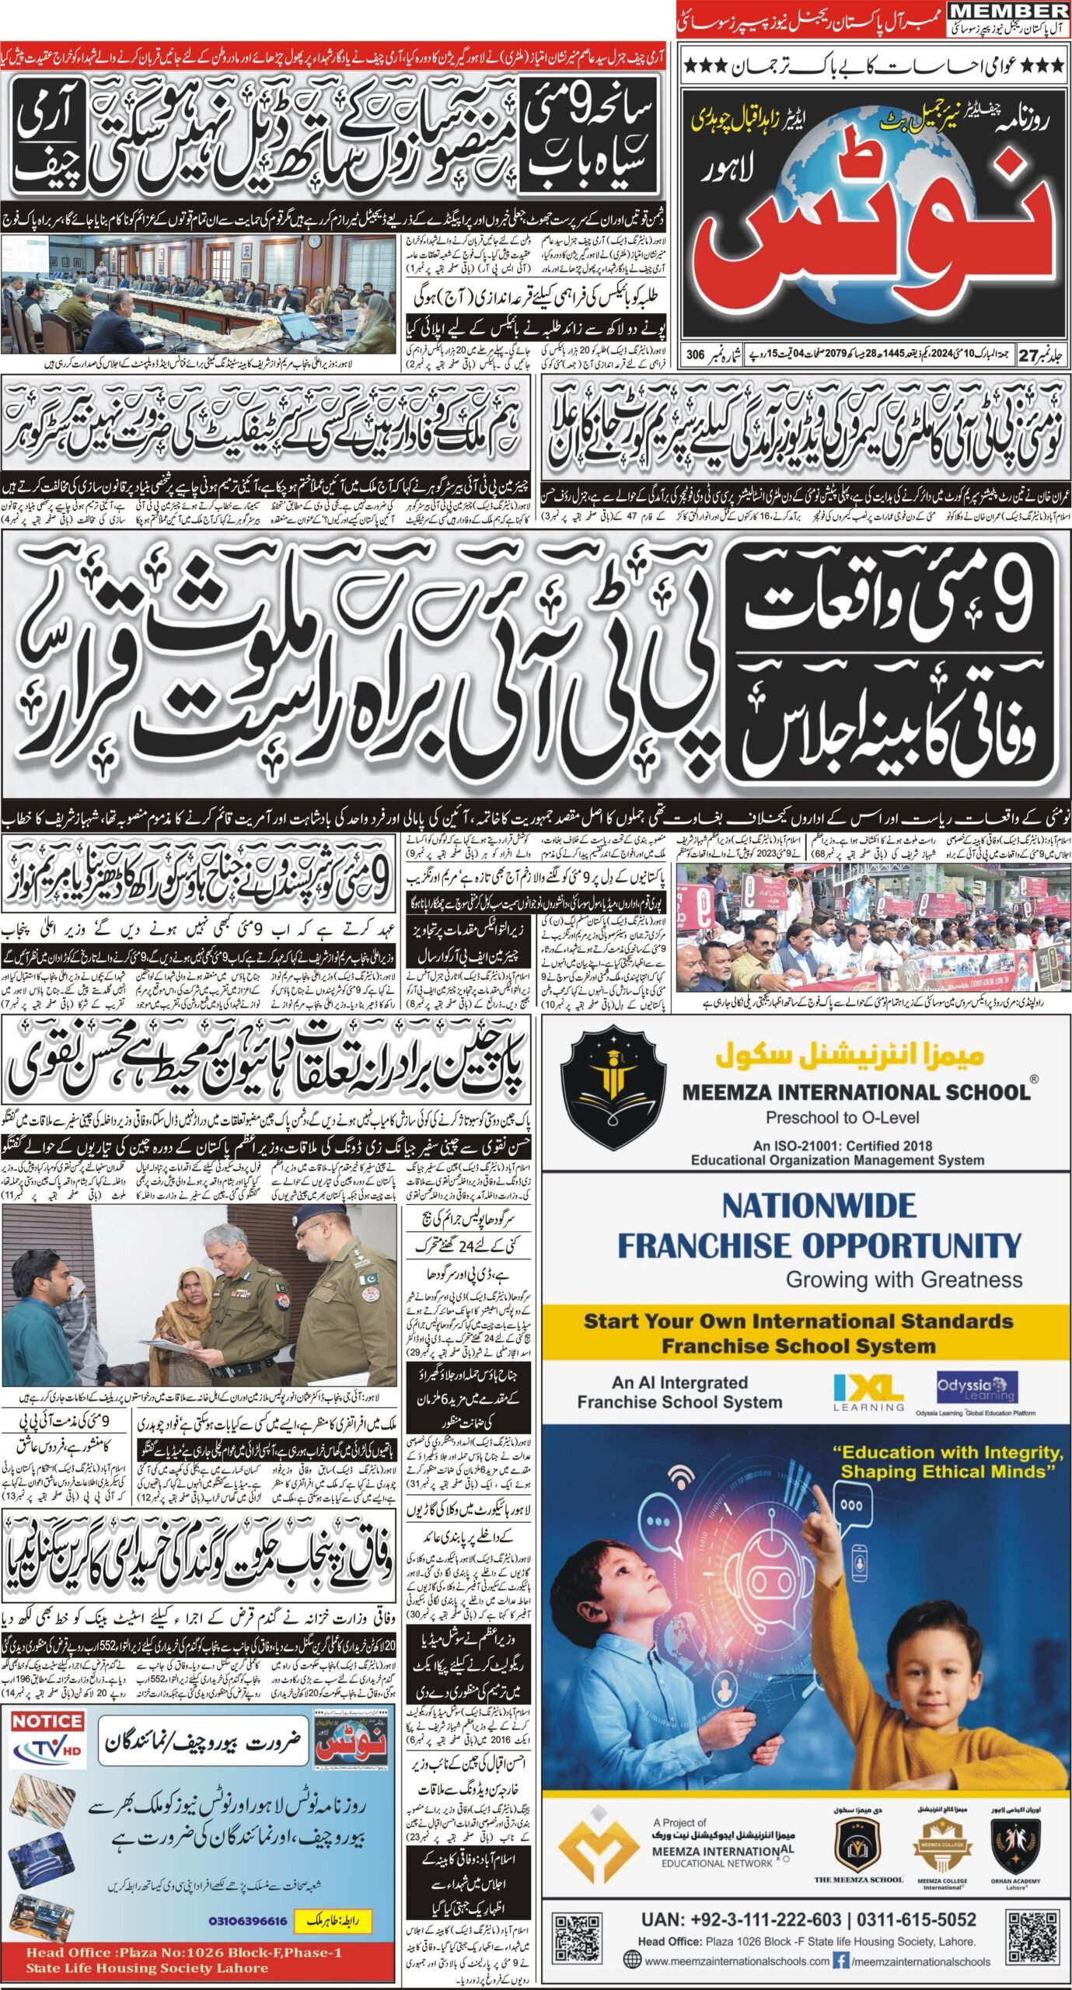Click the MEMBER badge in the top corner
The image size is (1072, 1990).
(x=1010, y=11)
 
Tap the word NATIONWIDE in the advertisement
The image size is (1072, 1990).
(x=819, y=1206)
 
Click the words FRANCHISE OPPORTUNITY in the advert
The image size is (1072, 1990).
(x=819, y=1245)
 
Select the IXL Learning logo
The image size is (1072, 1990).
(x=868, y=1388)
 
